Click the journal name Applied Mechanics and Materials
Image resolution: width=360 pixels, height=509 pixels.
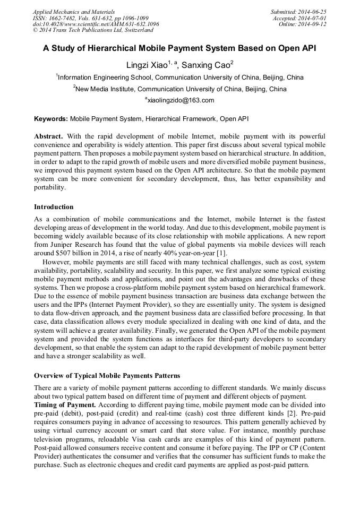click(x=73, y=11)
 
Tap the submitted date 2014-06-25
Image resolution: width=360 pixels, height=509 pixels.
click(x=313, y=11)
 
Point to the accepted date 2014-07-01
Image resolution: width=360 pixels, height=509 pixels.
click(x=313, y=18)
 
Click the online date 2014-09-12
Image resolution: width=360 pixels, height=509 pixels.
click(x=313, y=24)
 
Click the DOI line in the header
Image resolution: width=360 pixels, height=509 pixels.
click(x=96, y=24)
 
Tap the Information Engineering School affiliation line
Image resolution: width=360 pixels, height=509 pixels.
click(x=180, y=77)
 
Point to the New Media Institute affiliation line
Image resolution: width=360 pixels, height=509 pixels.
click(x=180, y=89)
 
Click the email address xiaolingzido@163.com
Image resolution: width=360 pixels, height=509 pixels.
click(x=180, y=100)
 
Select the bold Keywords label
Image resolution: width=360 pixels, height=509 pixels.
click(x=51, y=119)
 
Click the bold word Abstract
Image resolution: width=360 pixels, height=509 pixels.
click(x=48, y=136)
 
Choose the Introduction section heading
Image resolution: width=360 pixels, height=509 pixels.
click(x=54, y=206)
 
